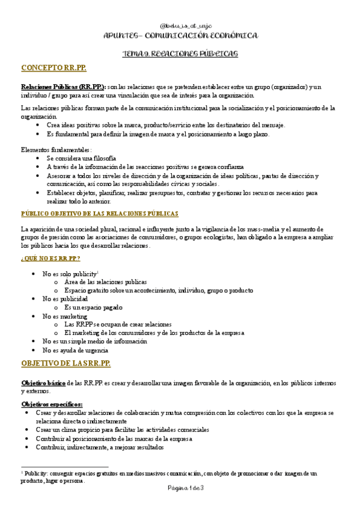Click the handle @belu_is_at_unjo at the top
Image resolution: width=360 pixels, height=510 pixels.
[x=180, y=26]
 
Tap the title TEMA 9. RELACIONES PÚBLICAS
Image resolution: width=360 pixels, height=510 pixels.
[x=180, y=54]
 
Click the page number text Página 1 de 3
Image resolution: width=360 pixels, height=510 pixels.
[x=180, y=487]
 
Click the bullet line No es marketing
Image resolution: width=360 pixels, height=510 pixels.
[x=64, y=316]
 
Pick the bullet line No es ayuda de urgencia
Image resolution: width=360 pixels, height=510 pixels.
[x=75, y=349]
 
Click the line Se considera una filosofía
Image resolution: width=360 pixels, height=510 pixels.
[x=81, y=158]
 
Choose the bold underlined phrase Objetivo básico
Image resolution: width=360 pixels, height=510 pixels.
[x=43, y=382]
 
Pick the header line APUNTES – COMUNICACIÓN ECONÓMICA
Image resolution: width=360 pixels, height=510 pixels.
[x=180, y=36]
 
